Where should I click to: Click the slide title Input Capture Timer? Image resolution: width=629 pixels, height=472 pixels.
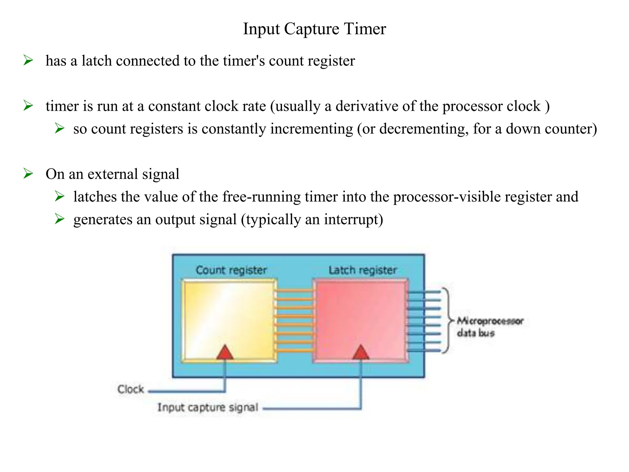314,29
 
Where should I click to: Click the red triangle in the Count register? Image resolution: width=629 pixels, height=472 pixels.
225,352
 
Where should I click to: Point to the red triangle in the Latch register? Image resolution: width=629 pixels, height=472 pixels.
361,352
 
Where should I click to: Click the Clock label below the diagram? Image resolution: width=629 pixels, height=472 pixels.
131,389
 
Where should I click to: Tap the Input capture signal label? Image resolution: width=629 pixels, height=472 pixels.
208,407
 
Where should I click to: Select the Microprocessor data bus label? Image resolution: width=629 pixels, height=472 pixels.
490,327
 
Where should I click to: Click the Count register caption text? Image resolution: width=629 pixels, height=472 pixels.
231,270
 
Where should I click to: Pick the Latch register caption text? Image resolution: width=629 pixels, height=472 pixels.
362,270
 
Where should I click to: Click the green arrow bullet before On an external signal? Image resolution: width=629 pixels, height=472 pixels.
28,174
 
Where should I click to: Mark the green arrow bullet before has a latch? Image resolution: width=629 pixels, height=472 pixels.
28,60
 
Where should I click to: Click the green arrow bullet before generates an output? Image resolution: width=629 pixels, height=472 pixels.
60,219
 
